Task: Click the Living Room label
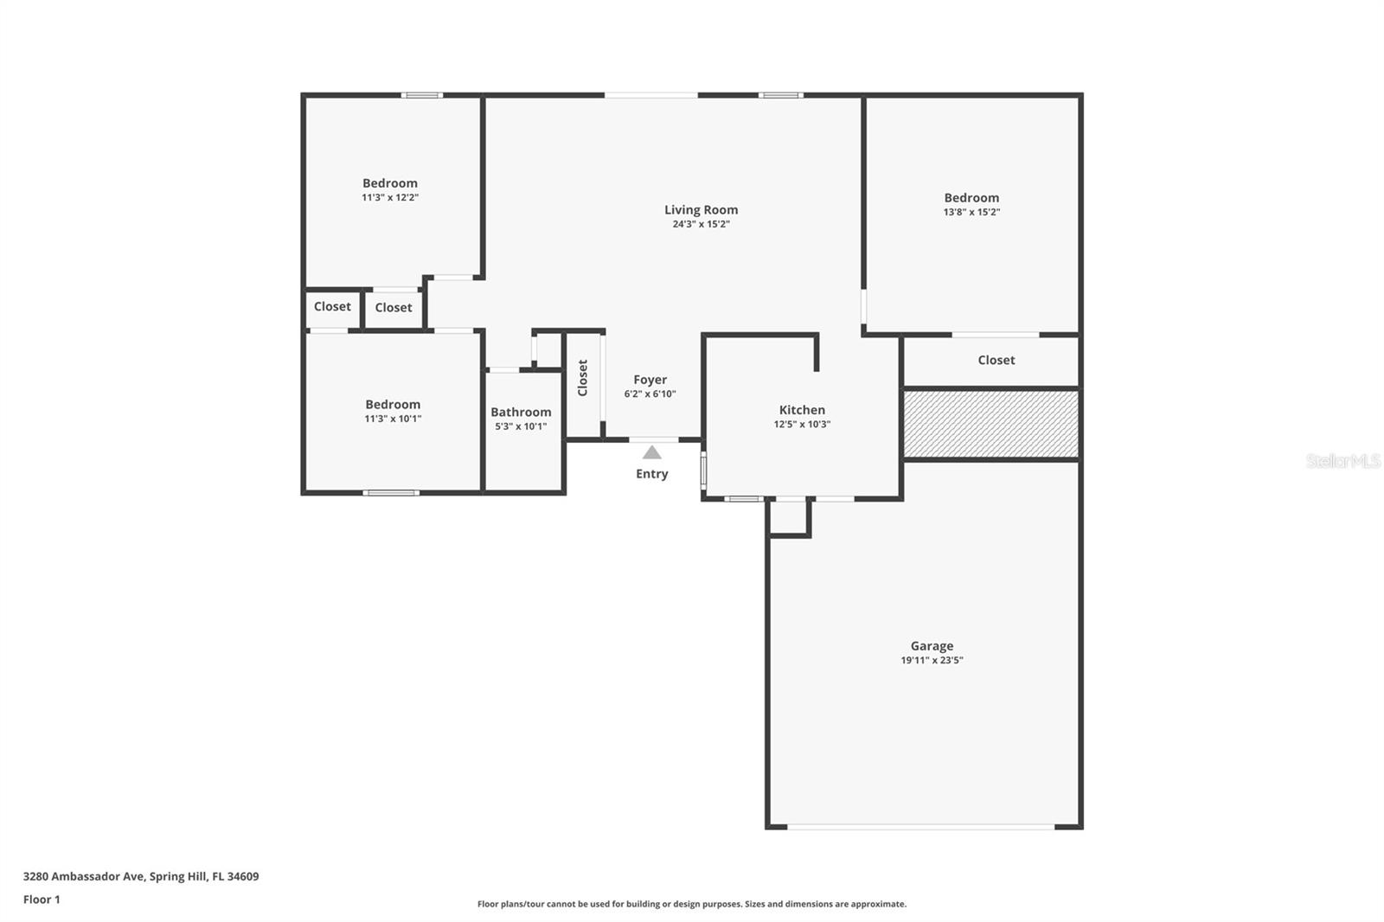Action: [701, 209]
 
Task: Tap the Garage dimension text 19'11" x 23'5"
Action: [932, 660]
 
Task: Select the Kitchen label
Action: [802, 410]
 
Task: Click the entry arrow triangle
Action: [652, 452]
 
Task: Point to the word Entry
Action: [652, 474]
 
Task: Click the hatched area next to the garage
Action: [991, 424]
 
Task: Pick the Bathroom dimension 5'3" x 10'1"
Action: [521, 426]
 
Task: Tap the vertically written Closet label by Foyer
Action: [583, 378]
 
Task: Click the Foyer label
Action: [650, 380]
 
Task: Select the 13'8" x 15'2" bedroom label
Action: [971, 198]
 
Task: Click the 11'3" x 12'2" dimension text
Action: [390, 197]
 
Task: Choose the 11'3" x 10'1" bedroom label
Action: [393, 405]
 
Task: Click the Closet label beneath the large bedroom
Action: [996, 360]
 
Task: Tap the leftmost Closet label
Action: [332, 306]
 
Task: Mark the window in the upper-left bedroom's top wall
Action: [422, 95]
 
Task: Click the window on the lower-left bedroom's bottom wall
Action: [391, 493]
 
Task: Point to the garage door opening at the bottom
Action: [920, 827]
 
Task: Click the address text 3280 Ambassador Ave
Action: [84, 876]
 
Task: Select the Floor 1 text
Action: [42, 900]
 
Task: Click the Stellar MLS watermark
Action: [1342, 461]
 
